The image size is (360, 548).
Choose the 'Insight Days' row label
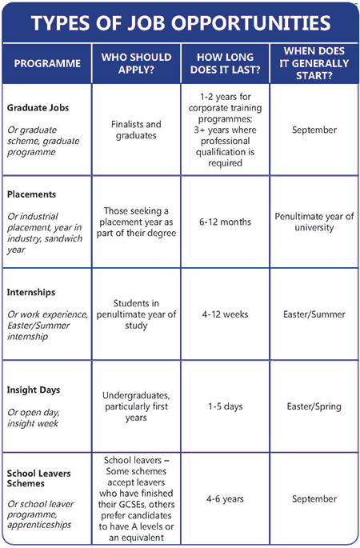[34, 390]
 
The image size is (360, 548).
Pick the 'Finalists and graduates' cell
[137, 130]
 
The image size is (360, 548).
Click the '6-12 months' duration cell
[225, 222]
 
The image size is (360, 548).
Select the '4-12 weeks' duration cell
[225, 314]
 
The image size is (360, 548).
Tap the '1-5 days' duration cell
[225, 406]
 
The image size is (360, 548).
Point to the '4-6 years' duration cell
[225, 498]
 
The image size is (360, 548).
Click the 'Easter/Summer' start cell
[313, 314]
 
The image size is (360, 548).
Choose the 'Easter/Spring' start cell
[313, 406]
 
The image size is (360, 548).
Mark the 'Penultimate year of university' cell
[313, 222]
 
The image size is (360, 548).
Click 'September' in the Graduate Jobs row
[313, 130]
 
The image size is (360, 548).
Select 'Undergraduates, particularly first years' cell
[137, 406]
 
